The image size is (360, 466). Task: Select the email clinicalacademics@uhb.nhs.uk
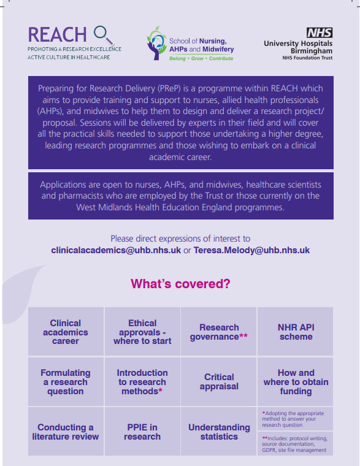click(x=116, y=250)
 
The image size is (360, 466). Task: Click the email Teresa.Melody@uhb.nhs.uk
click(x=251, y=250)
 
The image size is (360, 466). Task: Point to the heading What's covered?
click(x=180, y=284)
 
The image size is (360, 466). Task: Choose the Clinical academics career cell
click(x=66, y=332)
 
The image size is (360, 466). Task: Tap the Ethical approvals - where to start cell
click(x=142, y=332)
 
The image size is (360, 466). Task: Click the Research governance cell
click(x=219, y=332)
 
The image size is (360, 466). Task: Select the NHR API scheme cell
click(x=296, y=332)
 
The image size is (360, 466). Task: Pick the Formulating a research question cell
click(x=66, y=381)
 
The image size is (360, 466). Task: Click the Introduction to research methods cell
click(x=142, y=381)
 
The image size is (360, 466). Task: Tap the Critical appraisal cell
click(x=219, y=381)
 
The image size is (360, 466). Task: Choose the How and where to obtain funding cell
click(x=296, y=381)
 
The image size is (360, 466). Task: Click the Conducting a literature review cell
click(x=66, y=432)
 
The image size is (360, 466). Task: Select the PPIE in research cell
click(x=142, y=432)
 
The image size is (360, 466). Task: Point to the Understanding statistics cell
click(x=219, y=432)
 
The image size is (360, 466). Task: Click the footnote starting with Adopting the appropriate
click(x=295, y=418)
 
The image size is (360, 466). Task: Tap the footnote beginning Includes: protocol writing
click(x=295, y=444)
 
